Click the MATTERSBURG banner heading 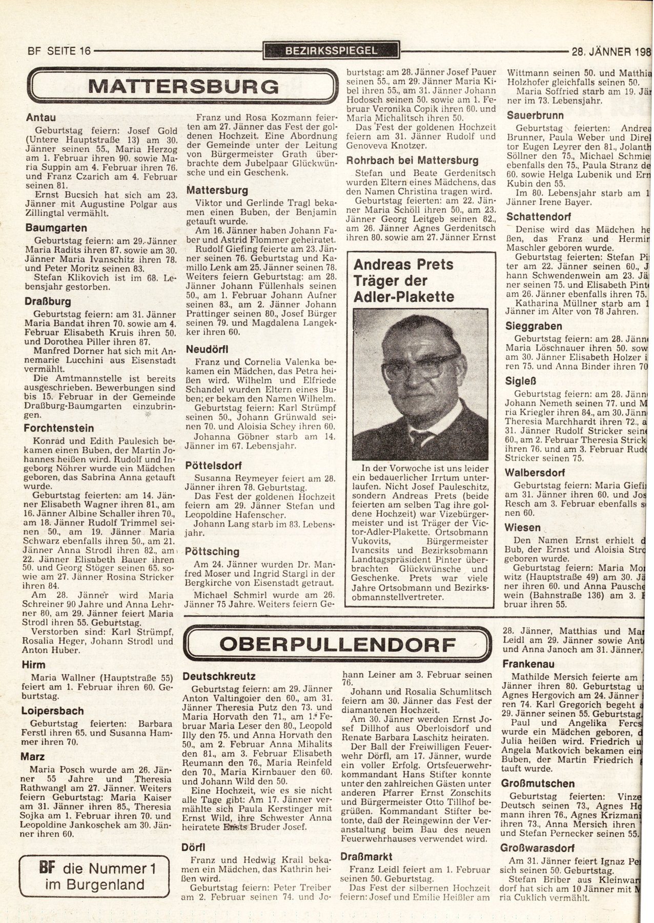pos(183,86)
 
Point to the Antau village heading pos(41,117)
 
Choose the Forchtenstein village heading pos(59,428)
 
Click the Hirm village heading pos(33,665)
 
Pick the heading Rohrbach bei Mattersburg pos(412,160)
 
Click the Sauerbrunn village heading pos(535,115)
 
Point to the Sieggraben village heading pos(534,326)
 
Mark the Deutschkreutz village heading pos(219,677)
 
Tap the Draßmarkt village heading pos(366,856)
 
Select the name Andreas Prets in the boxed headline pos(403,265)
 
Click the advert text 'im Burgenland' pos(94,885)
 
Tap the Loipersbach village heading pos(53,711)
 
